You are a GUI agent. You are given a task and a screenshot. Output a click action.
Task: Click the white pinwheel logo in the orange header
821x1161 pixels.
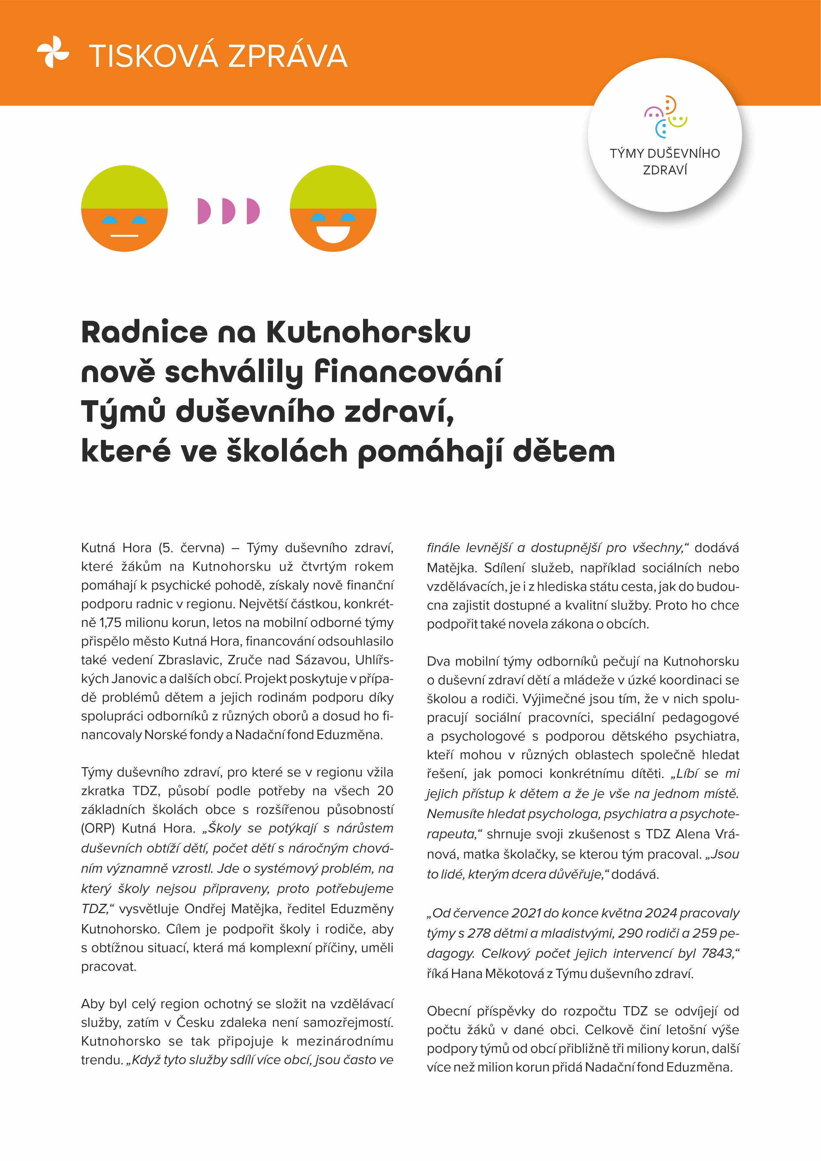(53, 52)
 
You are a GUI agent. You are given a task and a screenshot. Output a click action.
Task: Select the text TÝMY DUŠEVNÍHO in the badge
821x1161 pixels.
(664, 153)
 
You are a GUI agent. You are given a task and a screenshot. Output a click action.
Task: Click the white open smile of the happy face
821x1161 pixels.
(333, 234)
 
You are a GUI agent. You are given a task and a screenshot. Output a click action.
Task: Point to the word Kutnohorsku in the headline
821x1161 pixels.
(369, 332)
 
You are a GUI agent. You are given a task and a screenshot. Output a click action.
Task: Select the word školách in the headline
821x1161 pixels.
(287, 451)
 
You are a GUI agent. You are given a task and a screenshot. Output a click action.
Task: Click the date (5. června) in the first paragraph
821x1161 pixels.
(192, 548)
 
